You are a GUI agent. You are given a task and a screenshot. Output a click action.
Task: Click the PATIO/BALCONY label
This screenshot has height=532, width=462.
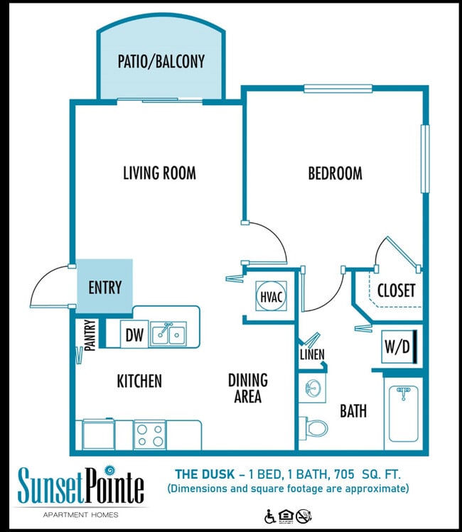tap(161, 61)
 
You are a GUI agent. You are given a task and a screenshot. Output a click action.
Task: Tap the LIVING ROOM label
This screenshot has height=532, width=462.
tap(159, 173)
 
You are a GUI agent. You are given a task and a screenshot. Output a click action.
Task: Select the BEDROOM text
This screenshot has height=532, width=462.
tap(335, 173)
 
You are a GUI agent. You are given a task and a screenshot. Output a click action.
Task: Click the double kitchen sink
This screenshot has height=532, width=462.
tap(168, 332)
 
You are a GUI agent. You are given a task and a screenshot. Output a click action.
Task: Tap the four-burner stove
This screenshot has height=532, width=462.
tap(149, 434)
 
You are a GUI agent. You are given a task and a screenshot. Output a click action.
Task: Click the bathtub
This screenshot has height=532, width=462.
tap(403, 413)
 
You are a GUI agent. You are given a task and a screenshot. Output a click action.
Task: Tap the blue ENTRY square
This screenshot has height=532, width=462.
tap(104, 287)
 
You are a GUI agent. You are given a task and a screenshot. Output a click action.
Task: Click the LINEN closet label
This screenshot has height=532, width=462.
tap(311, 354)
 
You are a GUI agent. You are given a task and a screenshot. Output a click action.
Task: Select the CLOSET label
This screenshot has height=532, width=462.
tap(396, 291)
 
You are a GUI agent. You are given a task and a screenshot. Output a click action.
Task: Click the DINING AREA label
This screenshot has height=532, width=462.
tap(247, 388)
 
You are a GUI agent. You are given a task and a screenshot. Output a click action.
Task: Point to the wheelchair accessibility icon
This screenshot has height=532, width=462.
tap(269, 516)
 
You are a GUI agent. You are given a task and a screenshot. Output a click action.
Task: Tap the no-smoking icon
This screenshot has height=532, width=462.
tap(303, 516)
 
